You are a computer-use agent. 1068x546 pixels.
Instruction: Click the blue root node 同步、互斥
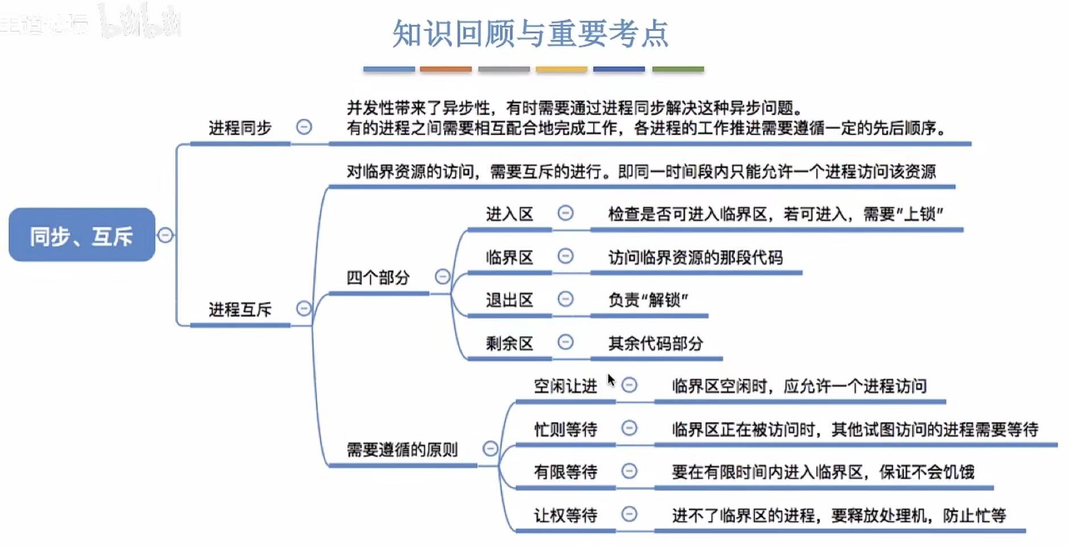click(x=81, y=235)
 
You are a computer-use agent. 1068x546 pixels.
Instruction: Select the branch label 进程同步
click(x=240, y=128)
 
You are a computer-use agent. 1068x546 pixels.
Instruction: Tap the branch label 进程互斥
click(x=240, y=309)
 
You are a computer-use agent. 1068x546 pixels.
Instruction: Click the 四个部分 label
click(x=378, y=278)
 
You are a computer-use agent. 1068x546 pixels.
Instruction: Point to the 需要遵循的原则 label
click(x=402, y=450)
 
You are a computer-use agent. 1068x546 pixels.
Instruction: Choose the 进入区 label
click(x=509, y=214)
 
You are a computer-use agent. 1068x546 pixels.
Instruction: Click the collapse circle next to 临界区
click(x=565, y=256)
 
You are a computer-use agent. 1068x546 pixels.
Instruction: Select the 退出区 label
click(x=509, y=300)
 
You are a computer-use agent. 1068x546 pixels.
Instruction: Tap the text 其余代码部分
click(x=656, y=343)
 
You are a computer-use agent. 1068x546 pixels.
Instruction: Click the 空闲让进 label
click(x=565, y=386)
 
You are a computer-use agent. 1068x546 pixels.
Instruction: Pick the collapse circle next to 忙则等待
click(x=629, y=428)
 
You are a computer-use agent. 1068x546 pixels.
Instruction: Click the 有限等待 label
click(x=565, y=471)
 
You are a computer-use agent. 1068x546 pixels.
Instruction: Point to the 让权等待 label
click(x=565, y=515)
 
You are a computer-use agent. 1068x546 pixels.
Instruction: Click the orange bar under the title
click(x=445, y=69)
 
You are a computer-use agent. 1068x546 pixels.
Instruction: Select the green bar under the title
click(x=678, y=69)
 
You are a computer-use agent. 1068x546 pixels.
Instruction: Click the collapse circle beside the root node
click(x=165, y=235)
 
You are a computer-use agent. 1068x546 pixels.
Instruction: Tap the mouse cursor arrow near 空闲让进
click(x=611, y=379)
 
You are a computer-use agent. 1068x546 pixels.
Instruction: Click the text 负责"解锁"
click(x=648, y=300)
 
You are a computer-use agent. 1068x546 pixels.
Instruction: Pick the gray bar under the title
click(x=504, y=69)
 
